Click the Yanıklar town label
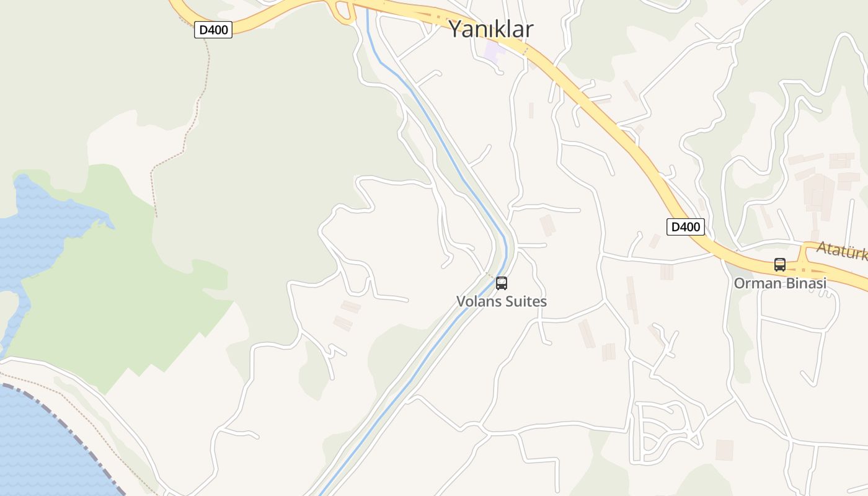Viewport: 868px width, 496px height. coord(490,29)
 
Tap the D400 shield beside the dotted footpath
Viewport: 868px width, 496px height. coord(213,30)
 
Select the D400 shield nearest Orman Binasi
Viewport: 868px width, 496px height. coord(686,227)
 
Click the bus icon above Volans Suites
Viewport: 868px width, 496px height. coord(502,283)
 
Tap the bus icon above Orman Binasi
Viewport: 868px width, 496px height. coord(780,265)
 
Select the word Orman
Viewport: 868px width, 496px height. coord(753,283)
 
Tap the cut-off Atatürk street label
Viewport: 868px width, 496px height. coord(842,250)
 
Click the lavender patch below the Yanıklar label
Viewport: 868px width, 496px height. coord(494,51)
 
